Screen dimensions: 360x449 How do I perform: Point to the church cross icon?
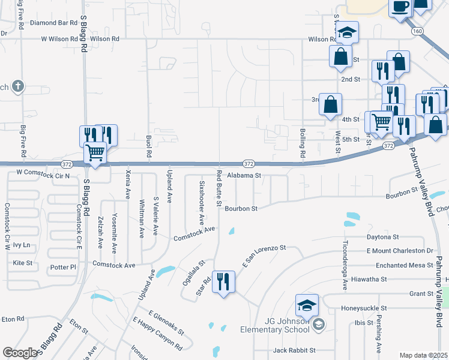click(x=19, y=86)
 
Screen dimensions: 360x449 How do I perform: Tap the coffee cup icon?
click(x=400, y=7)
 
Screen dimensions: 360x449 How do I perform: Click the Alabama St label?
click(x=244, y=176)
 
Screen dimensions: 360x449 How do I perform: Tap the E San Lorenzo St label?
click(x=264, y=256)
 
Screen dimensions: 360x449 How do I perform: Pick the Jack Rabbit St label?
click(x=294, y=350)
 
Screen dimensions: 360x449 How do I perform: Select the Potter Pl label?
click(x=65, y=266)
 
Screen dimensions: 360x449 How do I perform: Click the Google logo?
click(x=20, y=353)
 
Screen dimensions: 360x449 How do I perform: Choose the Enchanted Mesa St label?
click(x=404, y=265)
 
